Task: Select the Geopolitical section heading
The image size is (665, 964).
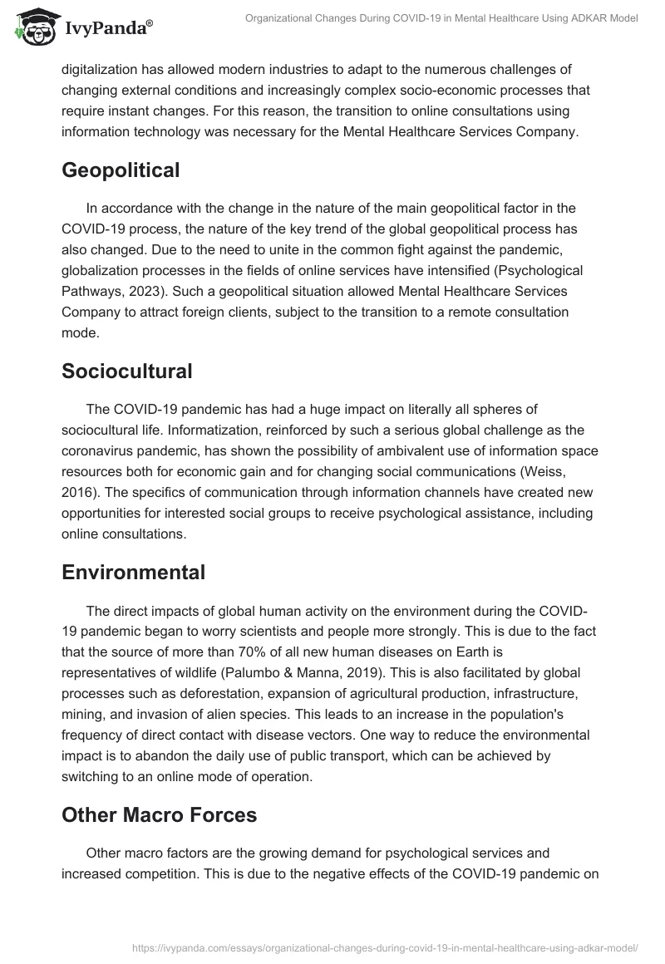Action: pos(121,170)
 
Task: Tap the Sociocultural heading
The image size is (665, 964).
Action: pos(126,371)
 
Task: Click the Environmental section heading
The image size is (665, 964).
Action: pos(133,573)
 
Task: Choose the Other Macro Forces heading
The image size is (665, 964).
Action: pos(159,815)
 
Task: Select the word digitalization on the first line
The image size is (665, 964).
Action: pos(104,70)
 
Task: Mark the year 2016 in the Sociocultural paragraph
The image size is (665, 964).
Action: pos(78,492)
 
